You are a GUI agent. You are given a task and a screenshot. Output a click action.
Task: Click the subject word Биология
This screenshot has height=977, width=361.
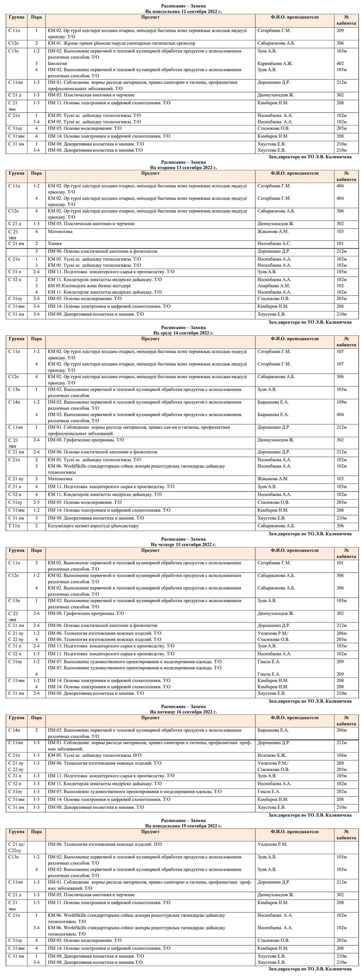(57, 63)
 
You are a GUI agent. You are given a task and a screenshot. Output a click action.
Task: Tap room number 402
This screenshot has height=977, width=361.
(340, 63)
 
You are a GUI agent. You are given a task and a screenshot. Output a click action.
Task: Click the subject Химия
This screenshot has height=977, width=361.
(55, 243)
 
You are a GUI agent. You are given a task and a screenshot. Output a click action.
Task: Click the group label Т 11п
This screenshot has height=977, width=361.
(14, 526)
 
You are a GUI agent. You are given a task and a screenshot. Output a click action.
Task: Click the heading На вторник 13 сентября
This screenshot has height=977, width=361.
(183, 167)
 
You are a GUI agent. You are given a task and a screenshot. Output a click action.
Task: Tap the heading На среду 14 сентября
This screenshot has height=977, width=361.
(183, 333)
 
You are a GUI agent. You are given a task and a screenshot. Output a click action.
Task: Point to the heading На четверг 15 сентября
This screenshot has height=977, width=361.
(183, 545)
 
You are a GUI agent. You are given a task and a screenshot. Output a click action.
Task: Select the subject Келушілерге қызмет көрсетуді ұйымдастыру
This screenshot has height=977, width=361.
(93, 526)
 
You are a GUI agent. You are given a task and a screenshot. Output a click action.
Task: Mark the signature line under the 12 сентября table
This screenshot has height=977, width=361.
(310, 157)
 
